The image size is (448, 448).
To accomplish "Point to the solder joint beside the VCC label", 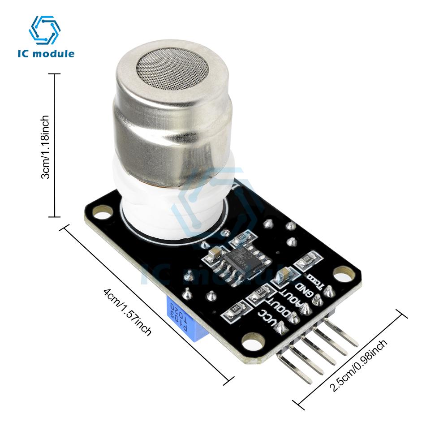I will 282,329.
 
